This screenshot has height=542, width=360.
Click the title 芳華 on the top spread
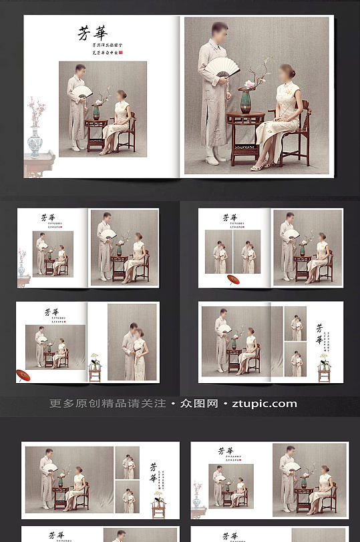93,33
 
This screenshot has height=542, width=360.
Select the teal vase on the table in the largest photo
246,101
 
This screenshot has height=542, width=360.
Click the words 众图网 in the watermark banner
200,404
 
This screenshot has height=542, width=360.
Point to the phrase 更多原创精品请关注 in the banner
108,404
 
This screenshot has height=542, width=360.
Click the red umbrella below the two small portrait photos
233,280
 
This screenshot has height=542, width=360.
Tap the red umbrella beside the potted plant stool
24,376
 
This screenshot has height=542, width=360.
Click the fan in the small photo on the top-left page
82,91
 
